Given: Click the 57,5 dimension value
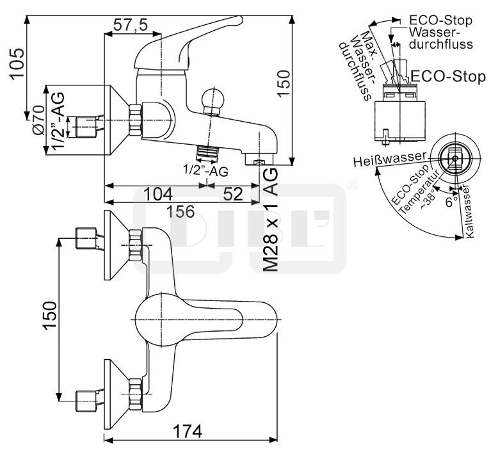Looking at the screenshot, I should click(x=130, y=25).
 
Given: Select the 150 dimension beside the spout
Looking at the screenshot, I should click(x=284, y=83).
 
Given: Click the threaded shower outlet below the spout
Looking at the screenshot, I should click(x=206, y=153).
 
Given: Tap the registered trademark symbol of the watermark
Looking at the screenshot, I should click(x=351, y=186).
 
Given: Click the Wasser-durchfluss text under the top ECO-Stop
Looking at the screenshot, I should click(x=441, y=38).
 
